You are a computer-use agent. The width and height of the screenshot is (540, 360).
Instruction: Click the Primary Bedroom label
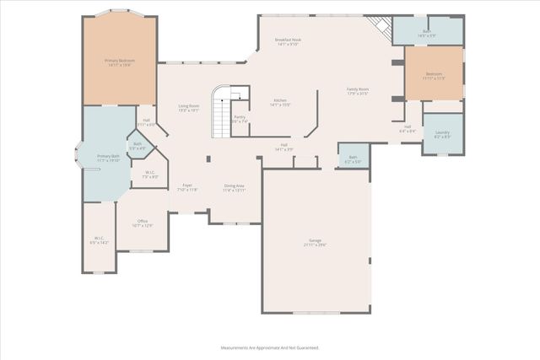(x=119, y=62)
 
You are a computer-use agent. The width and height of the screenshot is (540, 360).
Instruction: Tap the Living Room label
(x=188, y=108)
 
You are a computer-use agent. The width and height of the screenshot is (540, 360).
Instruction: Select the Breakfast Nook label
(x=289, y=41)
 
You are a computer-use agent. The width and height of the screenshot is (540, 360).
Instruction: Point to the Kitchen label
(x=280, y=102)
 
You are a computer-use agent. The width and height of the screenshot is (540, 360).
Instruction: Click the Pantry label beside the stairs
(x=240, y=119)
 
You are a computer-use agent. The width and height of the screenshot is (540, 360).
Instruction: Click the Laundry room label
(x=442, y=134)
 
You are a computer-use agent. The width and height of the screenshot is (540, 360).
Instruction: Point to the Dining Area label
(x=235, y=187)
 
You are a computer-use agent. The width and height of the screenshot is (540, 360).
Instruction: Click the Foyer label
(x=187, y=187)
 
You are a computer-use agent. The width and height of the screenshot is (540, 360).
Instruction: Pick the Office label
(x=143, y=223)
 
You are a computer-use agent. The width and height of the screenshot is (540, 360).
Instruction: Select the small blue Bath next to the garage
(x=354, y=159)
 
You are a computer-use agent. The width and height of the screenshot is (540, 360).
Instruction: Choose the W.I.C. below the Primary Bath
(x=99, y=239)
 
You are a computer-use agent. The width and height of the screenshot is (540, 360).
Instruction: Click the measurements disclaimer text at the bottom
(x=269, y=347)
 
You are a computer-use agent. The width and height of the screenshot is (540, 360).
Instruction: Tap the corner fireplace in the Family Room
(x=384, y=30)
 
